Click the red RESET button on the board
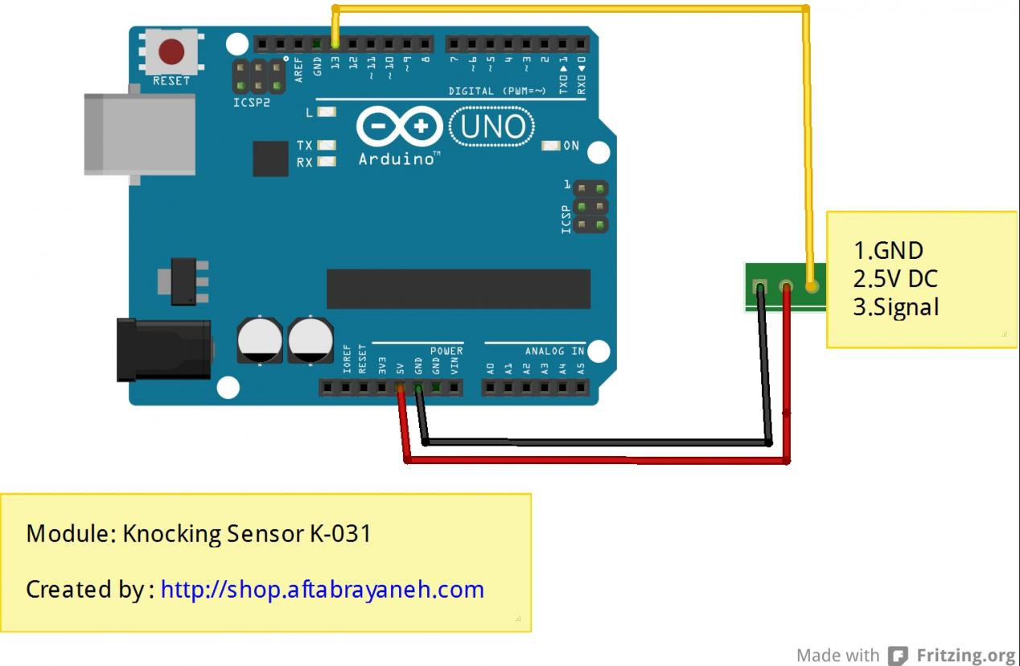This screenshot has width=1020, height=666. [171, 52]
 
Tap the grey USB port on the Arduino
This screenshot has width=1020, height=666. [140, 134]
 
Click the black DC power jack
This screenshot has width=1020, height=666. [164, 349]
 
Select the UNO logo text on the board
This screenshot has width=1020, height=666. [491, 127]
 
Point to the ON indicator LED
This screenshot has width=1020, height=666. [551, 146]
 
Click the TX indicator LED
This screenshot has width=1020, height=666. [326, 146]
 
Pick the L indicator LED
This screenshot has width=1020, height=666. [326, 112]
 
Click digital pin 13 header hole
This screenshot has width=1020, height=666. [335, 43]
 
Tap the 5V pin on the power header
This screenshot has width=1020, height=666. [400, 388]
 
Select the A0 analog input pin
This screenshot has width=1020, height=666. [491, 388]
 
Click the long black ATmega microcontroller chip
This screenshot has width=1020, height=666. [458, 289]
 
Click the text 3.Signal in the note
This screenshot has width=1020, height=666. [896, 307]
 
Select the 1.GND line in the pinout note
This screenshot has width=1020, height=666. [888, 251]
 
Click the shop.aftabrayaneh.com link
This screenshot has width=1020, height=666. [322, 590]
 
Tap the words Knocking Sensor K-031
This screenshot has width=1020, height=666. [247, 533]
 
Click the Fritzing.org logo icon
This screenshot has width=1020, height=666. [898, 656]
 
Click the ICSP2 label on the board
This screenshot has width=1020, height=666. [252, 103]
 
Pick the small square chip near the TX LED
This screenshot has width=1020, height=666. [270, 158]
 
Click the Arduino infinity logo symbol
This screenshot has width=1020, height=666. [400, 127]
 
